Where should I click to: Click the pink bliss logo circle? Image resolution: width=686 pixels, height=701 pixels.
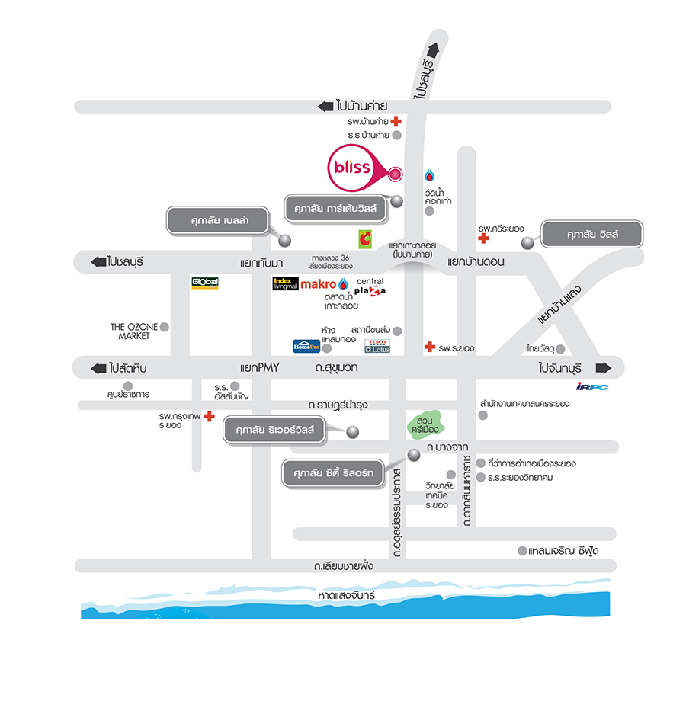pos(351,167)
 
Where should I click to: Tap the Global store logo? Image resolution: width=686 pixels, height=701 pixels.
pos(205,283)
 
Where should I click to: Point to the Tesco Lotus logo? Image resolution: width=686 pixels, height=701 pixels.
pos(377,346)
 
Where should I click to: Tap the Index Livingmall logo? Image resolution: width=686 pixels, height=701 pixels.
pos(284,284)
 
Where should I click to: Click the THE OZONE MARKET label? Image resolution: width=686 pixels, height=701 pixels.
pos(133,331)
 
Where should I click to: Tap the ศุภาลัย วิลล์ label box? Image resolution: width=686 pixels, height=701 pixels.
pos(592,235)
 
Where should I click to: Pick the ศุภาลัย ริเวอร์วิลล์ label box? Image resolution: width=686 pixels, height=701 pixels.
pos(274,431)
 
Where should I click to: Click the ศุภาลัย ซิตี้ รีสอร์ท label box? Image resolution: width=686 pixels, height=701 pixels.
pos(333,474)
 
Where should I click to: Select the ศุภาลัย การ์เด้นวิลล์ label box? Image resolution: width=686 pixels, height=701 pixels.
pos(336,206)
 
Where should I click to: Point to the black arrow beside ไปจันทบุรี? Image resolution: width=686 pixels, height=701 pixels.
pos(604,368)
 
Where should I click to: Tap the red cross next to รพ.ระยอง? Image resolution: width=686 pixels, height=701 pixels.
pos(430,347)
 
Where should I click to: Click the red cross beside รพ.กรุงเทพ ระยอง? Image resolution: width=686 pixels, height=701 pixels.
pos(209,417)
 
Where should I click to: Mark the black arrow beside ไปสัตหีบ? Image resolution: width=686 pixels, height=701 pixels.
pos(98,368)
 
